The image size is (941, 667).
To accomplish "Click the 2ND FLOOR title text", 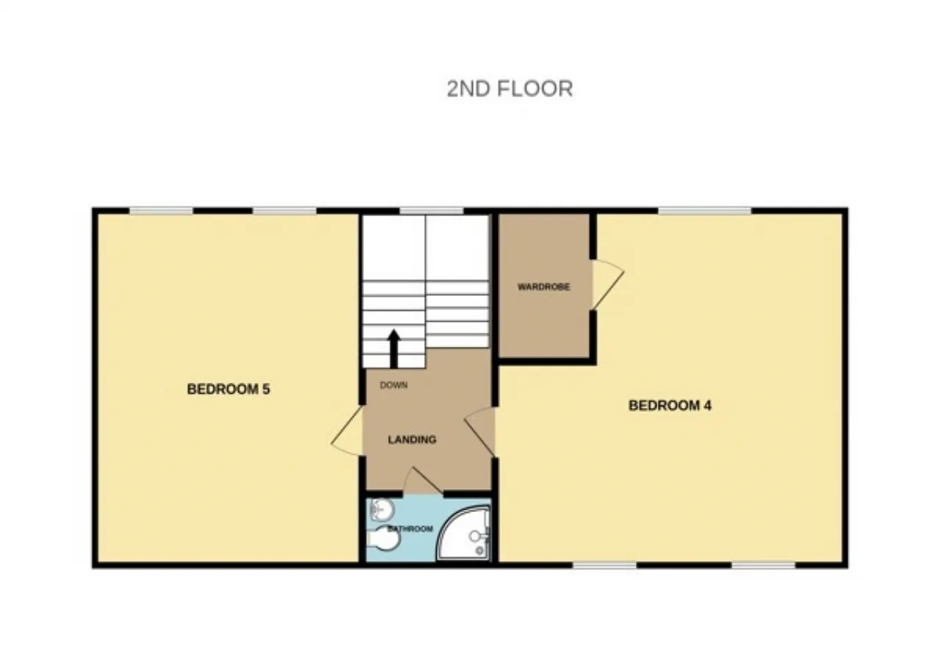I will (x=509, y=89).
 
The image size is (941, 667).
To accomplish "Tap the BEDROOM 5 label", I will (x=228, y=389).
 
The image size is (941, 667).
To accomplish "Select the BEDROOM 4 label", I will (x=670, y=405).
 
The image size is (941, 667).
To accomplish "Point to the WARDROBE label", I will (x=544, y=287).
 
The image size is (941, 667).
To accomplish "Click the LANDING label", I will (x=412, y=439).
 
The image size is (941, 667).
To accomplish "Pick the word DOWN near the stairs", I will (x=394, y=385).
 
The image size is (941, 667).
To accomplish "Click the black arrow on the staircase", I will (x=393, y=347).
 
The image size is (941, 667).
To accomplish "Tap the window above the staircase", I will (x=432, y=212).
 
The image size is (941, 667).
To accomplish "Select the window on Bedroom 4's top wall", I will (x=704, y=212).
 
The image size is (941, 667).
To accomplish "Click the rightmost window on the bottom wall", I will (x=763, y=565).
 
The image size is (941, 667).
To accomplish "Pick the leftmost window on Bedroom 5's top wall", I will (x=161, y=212).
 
